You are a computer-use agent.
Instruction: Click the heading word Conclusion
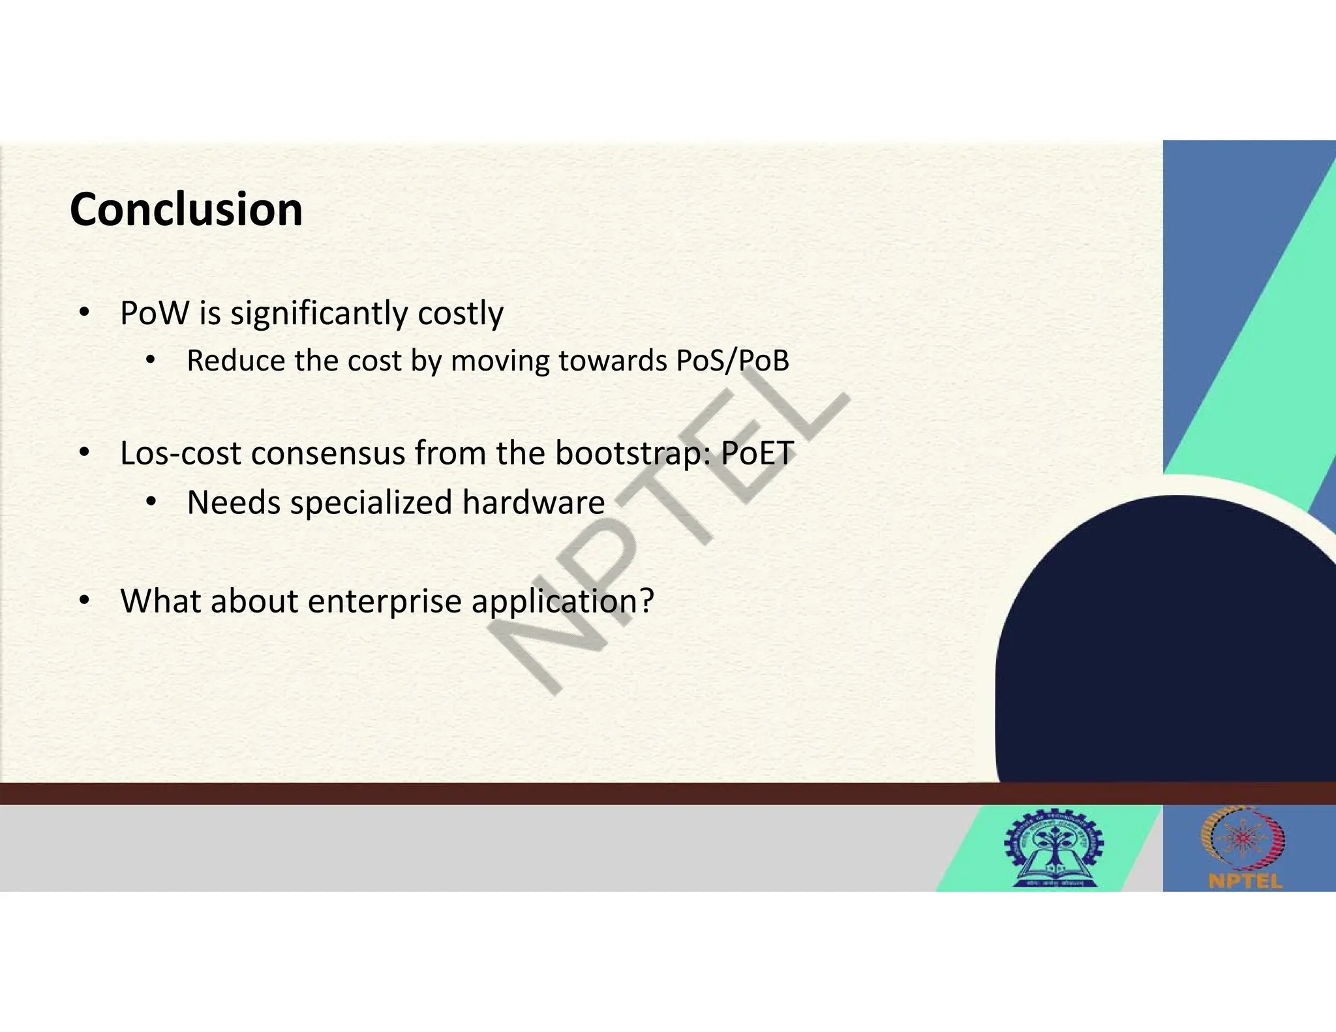point(186,210)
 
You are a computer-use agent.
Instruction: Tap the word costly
point(461,314)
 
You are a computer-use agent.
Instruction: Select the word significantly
point(319,314)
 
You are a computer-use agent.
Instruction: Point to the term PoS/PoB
point(733,361)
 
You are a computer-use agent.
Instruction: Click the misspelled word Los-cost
point(180,453)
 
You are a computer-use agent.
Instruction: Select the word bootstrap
point(631,454)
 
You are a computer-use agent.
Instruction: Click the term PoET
point(757,453)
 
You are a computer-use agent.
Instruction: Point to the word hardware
point(533,502)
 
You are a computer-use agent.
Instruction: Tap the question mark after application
point(646,601)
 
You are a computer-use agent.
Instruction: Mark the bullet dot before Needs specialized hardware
point(151,502)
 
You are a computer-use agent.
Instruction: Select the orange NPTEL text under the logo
point(1245,881)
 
